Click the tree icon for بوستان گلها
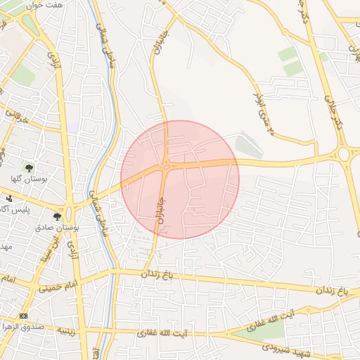click(x=29, y=168)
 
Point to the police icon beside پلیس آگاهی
click(x=8, y=199)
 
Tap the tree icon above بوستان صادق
click(x=58, y=217)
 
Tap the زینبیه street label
click(x=65, y=331)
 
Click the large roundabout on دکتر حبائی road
click(x=344, y=153)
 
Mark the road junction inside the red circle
click(x=166, y=166)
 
